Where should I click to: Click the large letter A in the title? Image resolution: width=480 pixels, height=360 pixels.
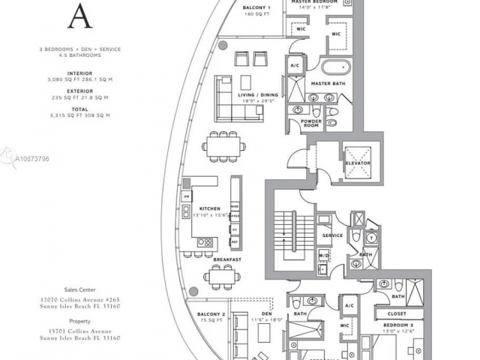point(79,13)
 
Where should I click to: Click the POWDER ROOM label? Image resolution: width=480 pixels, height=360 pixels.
point(311,123)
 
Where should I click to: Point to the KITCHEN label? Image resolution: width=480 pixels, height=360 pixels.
point(208,208)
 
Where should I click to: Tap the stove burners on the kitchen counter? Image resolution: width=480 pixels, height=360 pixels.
point(205,242)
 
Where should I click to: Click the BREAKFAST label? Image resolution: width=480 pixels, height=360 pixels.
point(226,259)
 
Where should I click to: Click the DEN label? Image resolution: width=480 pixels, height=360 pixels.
point(257,314)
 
